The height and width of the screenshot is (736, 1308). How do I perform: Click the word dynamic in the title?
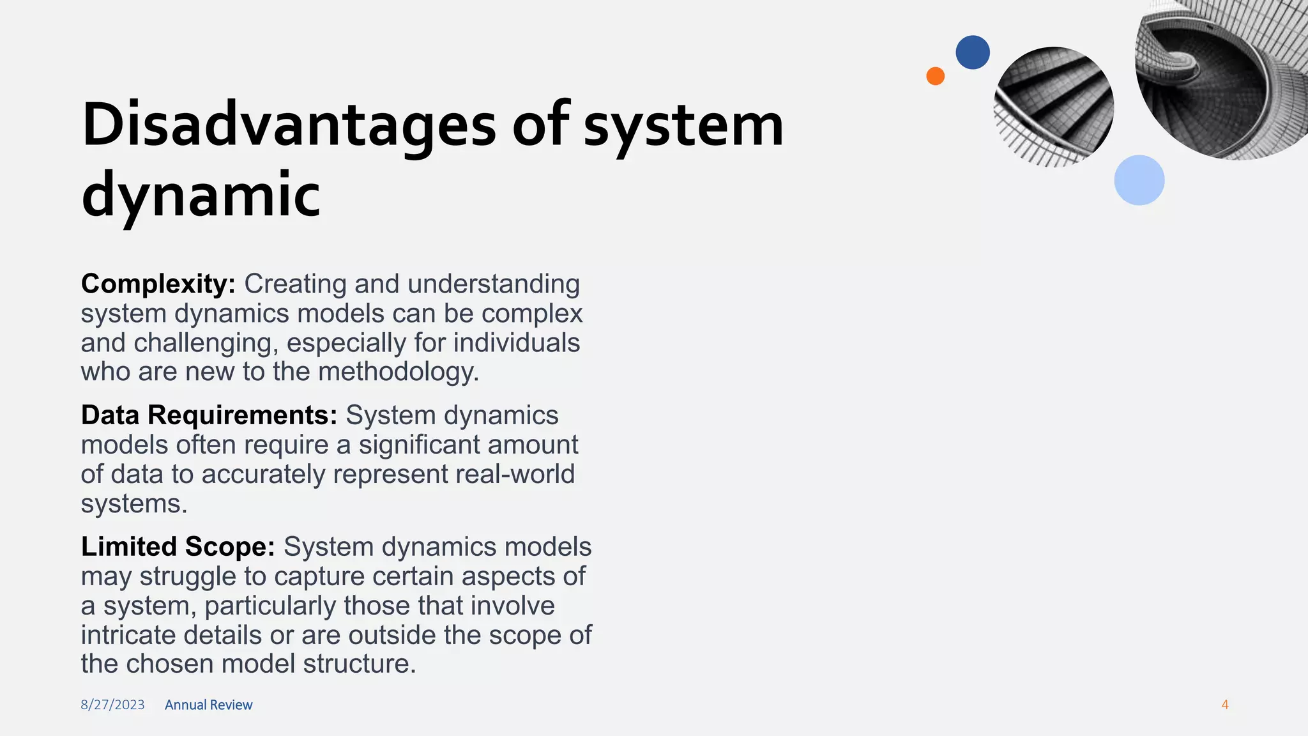[x=201, y=195]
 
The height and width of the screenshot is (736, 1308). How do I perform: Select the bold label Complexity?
[x=158, y=284]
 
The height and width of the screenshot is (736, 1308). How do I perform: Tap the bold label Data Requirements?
[x=209, y=415]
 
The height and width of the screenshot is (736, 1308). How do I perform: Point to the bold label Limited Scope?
[x=178, y=547]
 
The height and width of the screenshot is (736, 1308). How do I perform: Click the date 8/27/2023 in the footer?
[x=112, y=705]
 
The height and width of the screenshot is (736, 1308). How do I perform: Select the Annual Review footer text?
[x=208, y=705]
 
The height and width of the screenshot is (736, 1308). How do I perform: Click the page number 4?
[x=1224, y=705]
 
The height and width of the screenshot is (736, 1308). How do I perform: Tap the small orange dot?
[x=935, y=76]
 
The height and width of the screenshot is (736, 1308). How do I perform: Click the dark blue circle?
[x=972, y=52]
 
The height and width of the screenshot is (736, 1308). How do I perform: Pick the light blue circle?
[x=1139, y=180]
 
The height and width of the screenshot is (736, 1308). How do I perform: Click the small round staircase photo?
[x=1054, y=107]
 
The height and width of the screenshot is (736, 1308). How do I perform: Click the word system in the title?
[x=683, y=125]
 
